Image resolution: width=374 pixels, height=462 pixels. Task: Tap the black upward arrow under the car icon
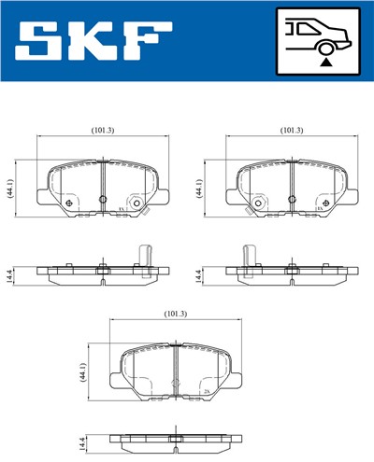(324, 62)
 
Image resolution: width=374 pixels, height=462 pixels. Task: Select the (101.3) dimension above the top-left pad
(102, 130)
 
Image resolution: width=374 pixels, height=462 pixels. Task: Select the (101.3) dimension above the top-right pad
(292, 130)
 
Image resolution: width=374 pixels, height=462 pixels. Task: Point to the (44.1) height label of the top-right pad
(199, 187)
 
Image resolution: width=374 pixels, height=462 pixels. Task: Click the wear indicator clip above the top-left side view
(144, 253)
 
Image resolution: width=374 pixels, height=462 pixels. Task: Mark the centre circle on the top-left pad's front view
(137, 203)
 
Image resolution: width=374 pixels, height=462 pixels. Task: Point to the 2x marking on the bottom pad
(205, 393)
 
